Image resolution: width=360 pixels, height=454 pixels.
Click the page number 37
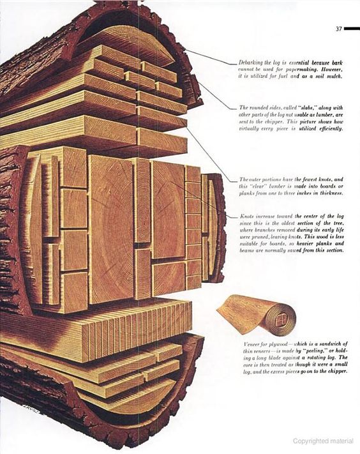tap(339, 29)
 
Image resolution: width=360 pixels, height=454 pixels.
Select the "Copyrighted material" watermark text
tap(323, 441)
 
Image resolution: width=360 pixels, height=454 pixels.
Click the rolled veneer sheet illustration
tap(257, 314)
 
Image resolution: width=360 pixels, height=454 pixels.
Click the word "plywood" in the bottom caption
tap(279, 344)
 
